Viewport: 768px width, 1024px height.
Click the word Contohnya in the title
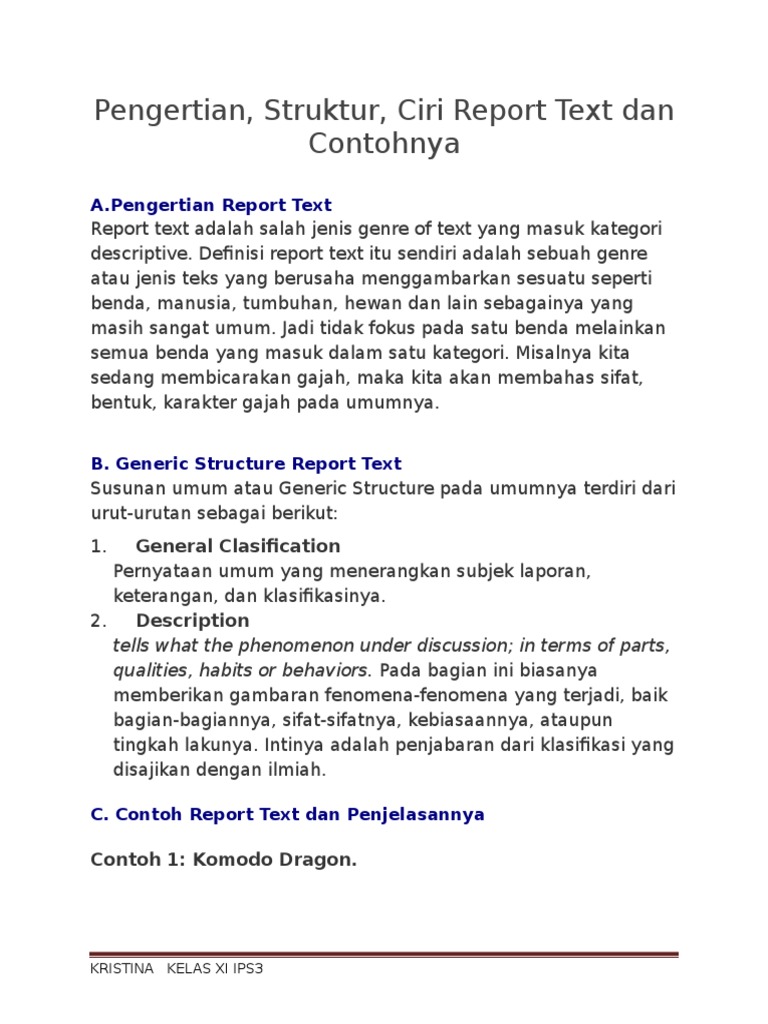click(384, 144)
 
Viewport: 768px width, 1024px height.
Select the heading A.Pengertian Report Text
click(211, 206)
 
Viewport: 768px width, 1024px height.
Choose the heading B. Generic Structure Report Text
click(246, 464)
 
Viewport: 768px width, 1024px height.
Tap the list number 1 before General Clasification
click(97, 547)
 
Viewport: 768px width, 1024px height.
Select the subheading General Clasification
click(238, 546)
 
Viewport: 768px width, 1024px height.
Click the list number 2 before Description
click(97, 622)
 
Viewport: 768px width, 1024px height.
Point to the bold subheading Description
click(192, 621)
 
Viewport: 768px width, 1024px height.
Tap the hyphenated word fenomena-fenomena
click(372, 695)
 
